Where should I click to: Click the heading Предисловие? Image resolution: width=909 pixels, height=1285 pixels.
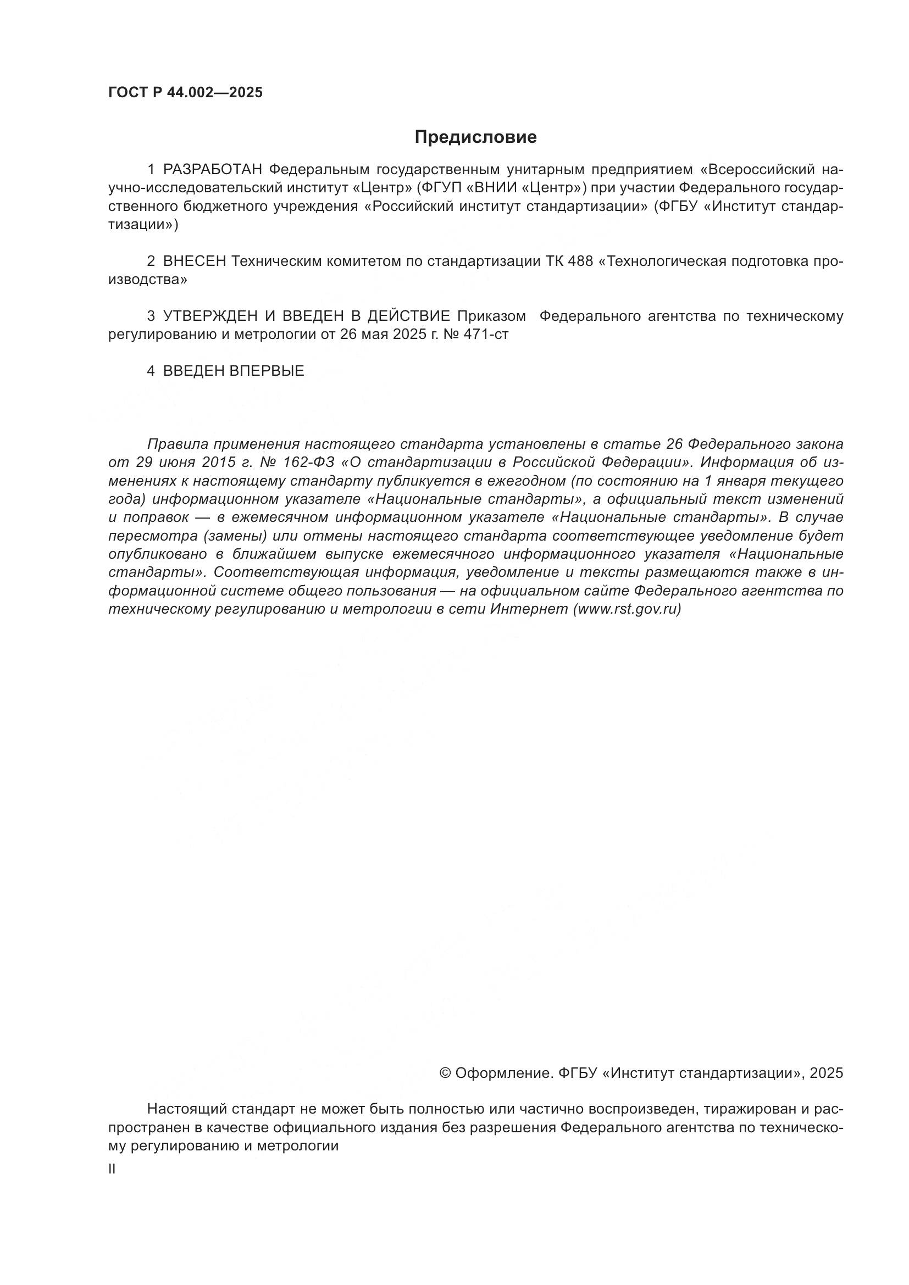(475, 137)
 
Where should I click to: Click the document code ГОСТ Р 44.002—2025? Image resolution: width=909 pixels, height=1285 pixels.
(185, 93)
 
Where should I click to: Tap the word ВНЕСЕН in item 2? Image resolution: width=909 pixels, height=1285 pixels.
(194, 262)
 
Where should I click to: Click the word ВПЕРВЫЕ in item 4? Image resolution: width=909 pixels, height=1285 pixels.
(267, 371)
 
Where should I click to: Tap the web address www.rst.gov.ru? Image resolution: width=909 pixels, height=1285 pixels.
(627, 609)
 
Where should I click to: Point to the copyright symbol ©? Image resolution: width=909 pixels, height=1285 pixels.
(446, 1073)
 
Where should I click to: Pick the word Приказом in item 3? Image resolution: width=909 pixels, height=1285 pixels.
(491, 316)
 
